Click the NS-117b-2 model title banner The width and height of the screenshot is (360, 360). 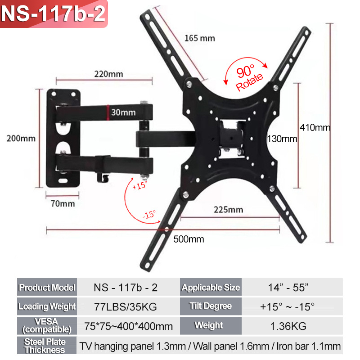(54, 14)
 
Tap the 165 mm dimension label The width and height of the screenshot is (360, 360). (200, 38)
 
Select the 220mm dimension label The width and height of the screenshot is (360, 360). (108, 74)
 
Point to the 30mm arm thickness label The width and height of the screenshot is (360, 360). (123, 112)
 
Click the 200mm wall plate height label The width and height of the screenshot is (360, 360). (21, 139)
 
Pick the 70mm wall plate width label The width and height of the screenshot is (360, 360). (63, 203)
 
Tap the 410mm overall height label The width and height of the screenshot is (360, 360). (315, 127)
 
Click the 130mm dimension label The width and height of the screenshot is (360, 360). (282, 139)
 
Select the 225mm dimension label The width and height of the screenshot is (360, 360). (228, 210)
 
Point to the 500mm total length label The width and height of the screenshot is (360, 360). (189, 239)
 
